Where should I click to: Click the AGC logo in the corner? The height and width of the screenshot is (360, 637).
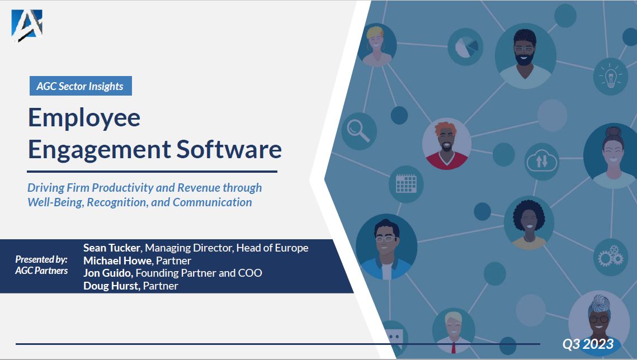coord(27,25)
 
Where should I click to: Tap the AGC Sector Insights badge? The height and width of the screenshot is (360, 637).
coord(80,86)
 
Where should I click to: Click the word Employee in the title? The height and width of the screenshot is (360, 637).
coord(84,117)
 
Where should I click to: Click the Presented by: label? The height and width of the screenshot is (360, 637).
coord(41,259)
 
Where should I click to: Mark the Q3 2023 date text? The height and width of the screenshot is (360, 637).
coord(588,344)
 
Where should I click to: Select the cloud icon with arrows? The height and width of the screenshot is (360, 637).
coord(542,162)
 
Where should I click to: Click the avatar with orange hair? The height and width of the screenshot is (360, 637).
coord(446,144)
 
